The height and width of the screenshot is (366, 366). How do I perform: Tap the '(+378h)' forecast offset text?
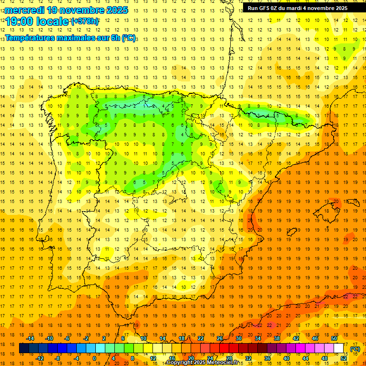click(x=85, y=21)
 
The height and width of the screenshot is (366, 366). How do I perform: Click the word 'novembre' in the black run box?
click(x=322, y=8)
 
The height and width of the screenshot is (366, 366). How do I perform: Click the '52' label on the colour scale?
click(x=344, y=358)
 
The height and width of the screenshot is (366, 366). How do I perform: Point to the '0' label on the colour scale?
click(x=94, y=358)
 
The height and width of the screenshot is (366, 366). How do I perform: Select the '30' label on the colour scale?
click(x=238, y=338)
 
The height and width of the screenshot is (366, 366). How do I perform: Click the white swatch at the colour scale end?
click(x=339, y=348)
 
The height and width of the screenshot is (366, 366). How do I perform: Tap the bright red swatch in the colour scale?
click(x=224, y=348)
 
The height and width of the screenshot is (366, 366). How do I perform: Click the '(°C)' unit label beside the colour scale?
click(x=355, y=349)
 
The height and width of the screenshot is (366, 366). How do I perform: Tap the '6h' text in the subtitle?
click(x=115, y=38)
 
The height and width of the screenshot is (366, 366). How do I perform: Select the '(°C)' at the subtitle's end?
click(x=129, y=38)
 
